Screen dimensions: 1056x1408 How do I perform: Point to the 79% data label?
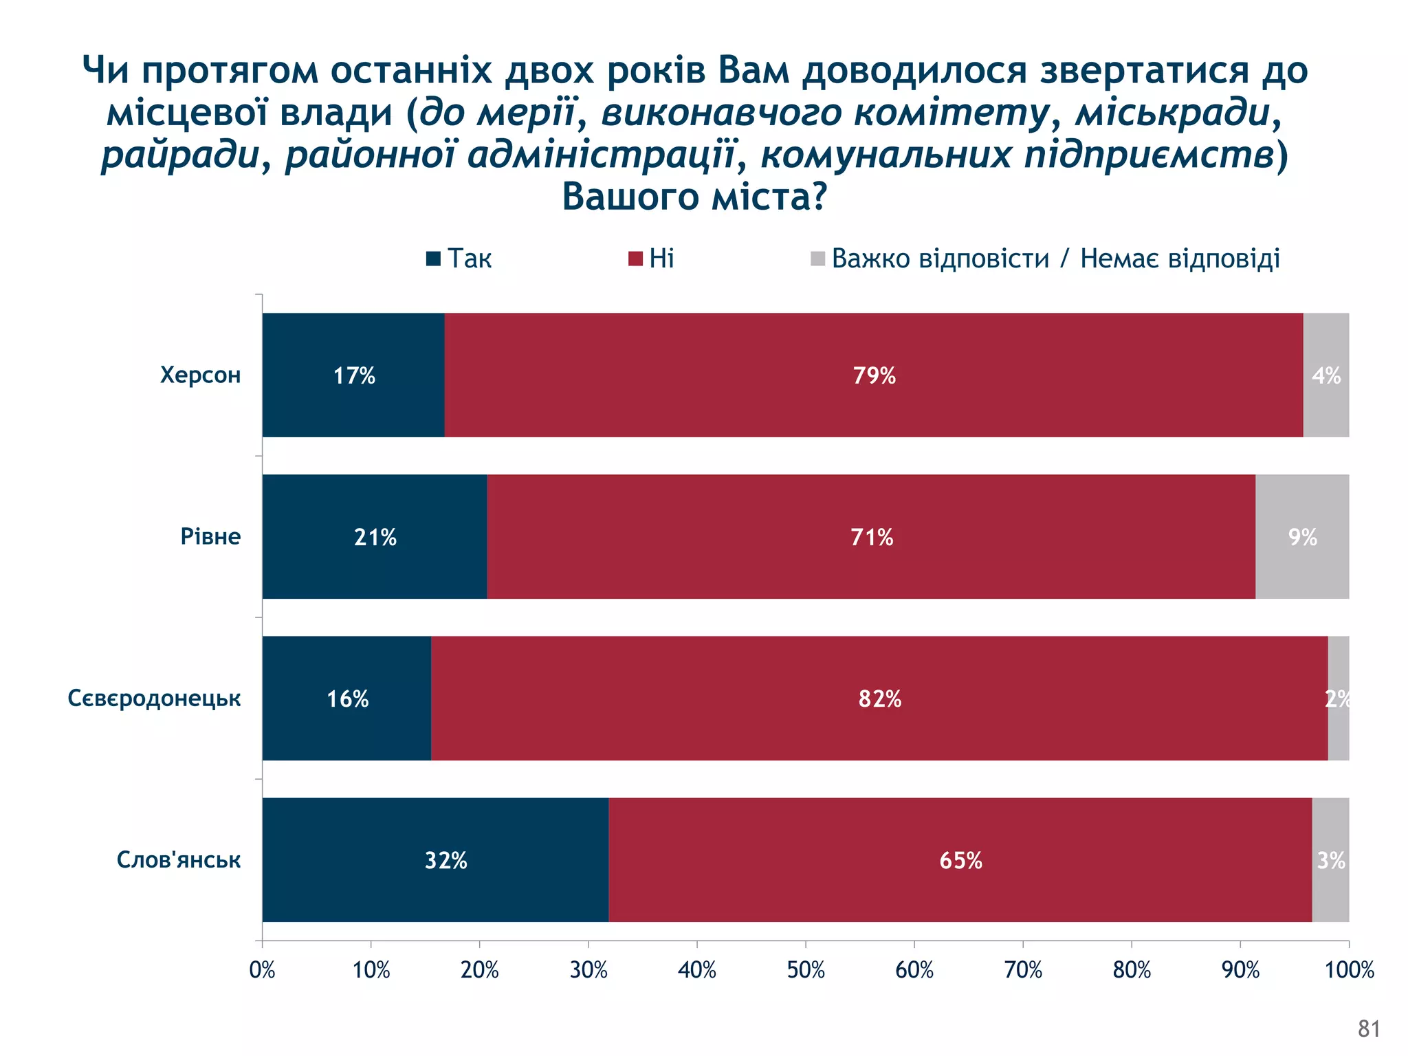(x=874, y=376)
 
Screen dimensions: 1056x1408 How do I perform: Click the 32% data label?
(x=445, y=861)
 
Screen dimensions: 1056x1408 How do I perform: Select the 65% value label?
(x=960, y=861)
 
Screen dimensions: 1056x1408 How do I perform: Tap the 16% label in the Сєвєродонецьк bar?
(x=347, y=699)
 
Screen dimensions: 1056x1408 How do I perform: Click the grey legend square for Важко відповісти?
(x=817, y=259)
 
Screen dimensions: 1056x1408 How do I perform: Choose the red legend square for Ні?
(x=635, y=259)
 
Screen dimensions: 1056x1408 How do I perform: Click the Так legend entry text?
(x=470, y=259)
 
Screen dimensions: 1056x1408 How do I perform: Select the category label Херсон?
(x=200, y=375)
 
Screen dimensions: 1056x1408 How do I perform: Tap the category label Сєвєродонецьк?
(x=154, y=698)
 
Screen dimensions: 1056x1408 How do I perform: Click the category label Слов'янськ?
(x=179, y=860)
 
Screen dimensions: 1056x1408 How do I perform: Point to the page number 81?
(x=1369, y=1028)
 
